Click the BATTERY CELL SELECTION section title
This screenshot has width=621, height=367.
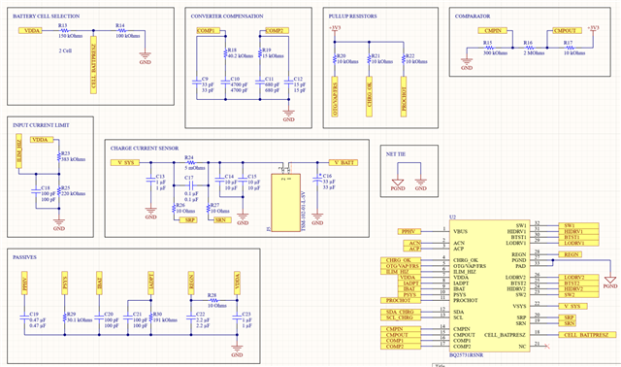(47, 17)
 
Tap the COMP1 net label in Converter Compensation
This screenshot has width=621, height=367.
(207, 32)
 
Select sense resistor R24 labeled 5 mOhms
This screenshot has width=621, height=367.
(189, 162)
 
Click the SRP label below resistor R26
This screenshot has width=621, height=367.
(190, 220)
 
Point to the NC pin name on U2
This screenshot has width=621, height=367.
(522, 346)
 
